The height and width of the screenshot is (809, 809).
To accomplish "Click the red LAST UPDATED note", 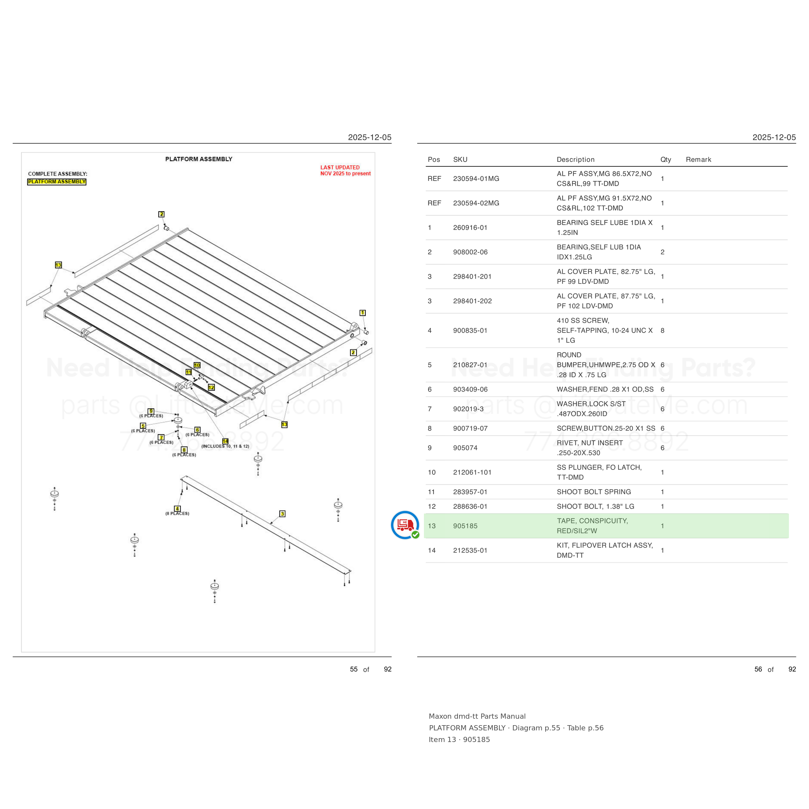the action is pyautogui.click(x=346, y=171).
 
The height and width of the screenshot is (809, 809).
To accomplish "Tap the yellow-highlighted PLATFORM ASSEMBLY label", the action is pyautogui.click(x=57, y=182).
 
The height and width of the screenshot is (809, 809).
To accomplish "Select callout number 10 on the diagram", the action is pyautogui.click(x=197, y=365).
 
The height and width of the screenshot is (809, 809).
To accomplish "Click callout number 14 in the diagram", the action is pyautogui.click(x=225, y=441).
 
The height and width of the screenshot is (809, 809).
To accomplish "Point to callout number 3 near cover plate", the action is pyautogui.click(x=282, y=514).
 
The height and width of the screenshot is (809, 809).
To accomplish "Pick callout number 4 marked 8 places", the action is pyautogui.click(x=177, y=509).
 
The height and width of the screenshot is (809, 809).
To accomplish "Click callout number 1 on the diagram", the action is pyautogui.click(x=363, y=313).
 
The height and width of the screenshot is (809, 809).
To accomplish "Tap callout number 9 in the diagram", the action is pyautogui.click(x=151, y=411).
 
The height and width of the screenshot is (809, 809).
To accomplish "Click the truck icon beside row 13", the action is pyautogui.click(x=405, y=525).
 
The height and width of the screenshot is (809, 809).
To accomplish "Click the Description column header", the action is pyautogui.click(x=575, y=160).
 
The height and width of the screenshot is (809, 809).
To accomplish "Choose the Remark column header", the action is pyautogui.click(x=698, y=160).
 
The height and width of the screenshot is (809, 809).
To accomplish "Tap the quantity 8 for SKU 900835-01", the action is pyautogui.click(x=662, y=331).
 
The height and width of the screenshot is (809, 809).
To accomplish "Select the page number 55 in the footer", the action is pyautogui.click(x=354, y=669).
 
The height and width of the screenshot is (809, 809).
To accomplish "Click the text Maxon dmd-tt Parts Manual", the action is pyautogui.click(x=477, y=716).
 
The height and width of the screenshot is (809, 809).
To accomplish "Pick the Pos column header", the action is pyautogui.click(x=434, y=160).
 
